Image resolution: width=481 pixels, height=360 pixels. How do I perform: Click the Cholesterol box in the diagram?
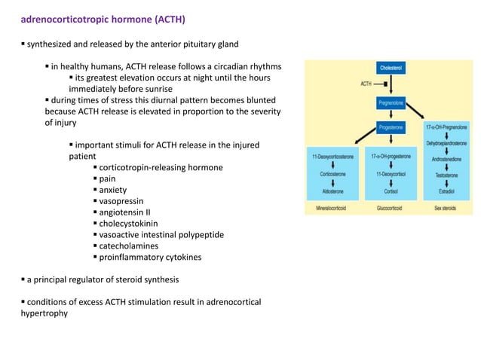pos(389,68)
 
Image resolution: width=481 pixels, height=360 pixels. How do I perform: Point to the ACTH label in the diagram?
pos(367,84)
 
